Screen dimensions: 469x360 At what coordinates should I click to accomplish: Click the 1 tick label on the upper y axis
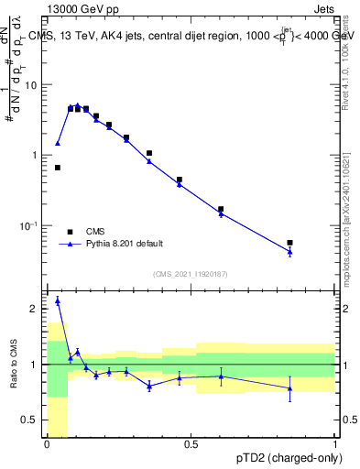pos(37,156)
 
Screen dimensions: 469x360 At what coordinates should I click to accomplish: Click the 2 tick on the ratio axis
pos(37,310)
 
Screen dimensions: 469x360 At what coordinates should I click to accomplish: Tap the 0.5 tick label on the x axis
pos(191,444)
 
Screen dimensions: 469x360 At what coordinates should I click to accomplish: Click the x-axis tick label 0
pos(47,444)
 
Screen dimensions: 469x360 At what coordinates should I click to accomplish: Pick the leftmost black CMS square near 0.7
pos(58,168)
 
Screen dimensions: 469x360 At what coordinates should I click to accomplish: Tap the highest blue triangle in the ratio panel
pos(58,300)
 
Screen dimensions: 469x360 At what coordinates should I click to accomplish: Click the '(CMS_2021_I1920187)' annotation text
pos(191,273)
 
